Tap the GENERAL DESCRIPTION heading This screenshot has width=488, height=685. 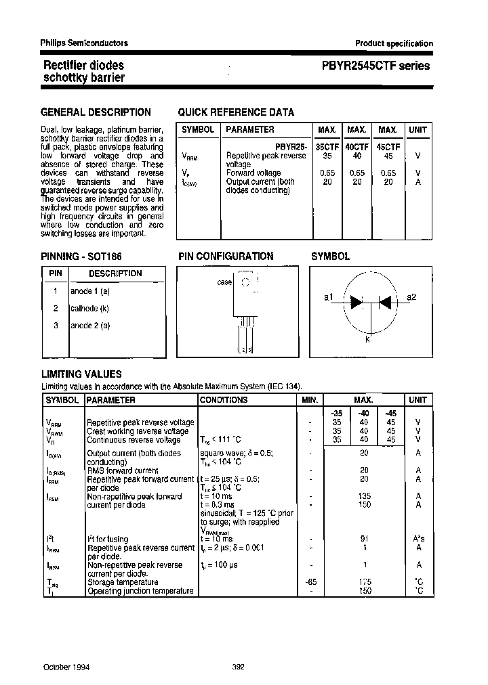pyautogui.click(x=96, y=112)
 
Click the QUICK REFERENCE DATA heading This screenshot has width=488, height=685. pyautogui.click(x=235, y=112)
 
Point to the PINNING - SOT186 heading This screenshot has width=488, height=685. pyautogui.click(x=81, y=257)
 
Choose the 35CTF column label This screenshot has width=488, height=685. pyautogui.click(x=327, y=146)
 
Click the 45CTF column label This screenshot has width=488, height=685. pyautogui.click(x=388, y=146)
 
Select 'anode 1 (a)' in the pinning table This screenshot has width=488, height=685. pyautogui.click(x=90, y=291)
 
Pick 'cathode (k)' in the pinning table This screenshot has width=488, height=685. pyautogui.click(x=89, y=308)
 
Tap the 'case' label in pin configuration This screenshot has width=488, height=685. pyautogui.click(x=224, y=282)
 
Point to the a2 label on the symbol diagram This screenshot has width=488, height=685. pyautogui.click(x=411, y=297)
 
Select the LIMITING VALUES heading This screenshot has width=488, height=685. pyautogui.click(x=81, y=374)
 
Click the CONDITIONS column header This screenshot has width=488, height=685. pyautogui.click(x=224, y=400)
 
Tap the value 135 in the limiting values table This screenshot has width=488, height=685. pyautogui.click(x=364, y=496)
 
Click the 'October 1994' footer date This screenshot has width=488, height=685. pyautogui.click(x=66, y=667)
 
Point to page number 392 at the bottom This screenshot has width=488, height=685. pyautogui.click(x=238, y=667)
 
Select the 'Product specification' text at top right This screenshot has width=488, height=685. pyautogui.click(x=394, y=43)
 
